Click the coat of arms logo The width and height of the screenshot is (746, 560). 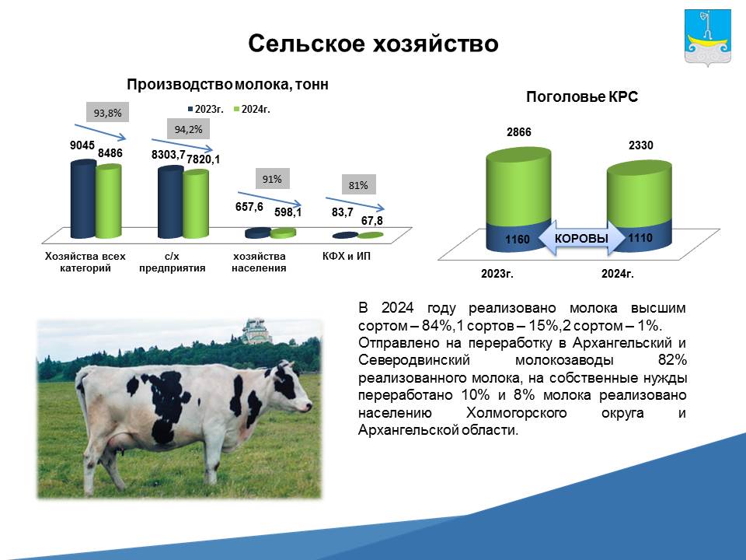pos(707,37)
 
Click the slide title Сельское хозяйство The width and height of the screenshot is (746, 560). pos(373,44)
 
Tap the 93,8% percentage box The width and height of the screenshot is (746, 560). pos(107,112)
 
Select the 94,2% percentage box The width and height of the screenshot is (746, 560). pos(188,129)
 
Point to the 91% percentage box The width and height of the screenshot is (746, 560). pos(272,179)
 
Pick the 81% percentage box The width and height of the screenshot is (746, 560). pos(358,185)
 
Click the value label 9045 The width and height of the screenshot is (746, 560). pos(82,145)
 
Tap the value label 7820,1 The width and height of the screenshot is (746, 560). pos(203,159)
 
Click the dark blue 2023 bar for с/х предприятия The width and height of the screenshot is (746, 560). pos(170,202)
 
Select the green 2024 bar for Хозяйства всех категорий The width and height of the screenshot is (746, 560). pos(109,201)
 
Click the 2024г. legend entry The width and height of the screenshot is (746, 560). pos(252,109)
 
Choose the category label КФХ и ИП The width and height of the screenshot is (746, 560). pos(347,256)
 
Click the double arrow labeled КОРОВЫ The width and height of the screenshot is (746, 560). pos(581,238)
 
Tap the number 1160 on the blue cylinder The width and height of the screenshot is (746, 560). pos(518,239)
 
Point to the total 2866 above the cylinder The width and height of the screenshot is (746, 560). pos(518,132)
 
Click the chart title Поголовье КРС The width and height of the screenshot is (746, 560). pos(582,96)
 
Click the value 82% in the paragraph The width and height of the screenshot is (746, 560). pos(672,359)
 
